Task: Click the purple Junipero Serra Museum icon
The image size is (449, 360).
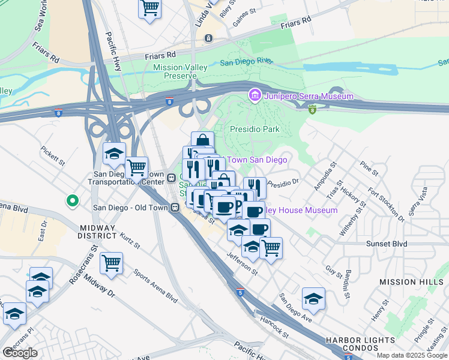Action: (255, 95)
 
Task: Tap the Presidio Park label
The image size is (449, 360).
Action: (255, 129)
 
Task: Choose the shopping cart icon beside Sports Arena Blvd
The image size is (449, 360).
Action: (112, 262)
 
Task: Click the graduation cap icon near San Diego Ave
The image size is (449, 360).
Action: (313, 298)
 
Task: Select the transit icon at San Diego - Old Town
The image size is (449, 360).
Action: (175, 208)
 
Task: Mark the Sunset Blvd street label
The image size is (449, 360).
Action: (387, 244)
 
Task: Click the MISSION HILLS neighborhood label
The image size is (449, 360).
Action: (413, 281)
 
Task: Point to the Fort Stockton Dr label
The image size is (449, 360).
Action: (382, 205)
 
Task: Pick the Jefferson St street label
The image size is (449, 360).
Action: (241, 263)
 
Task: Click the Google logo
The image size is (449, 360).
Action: (20, 353)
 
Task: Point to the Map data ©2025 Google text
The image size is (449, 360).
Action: (411, 355)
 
